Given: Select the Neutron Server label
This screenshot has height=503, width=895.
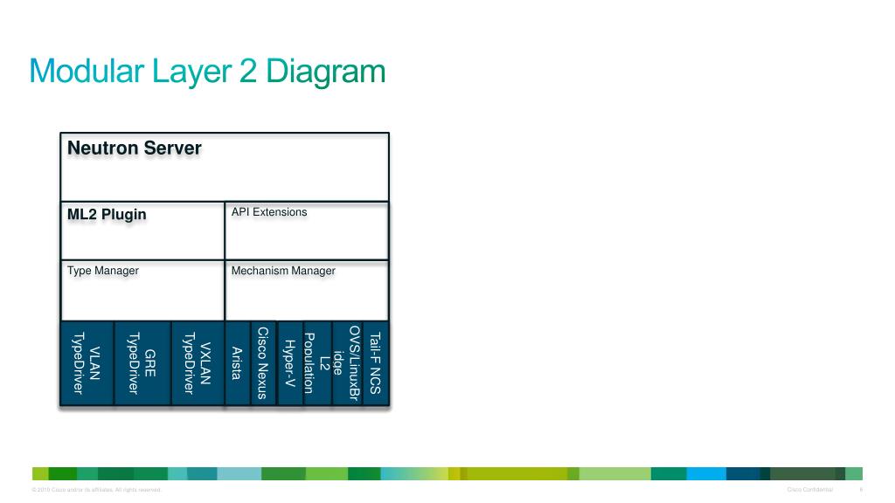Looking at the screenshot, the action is [x=135, y=148].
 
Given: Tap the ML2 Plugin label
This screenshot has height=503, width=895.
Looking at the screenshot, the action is [x=107, y=214].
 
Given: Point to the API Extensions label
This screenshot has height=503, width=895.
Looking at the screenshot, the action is [x=269, y=212].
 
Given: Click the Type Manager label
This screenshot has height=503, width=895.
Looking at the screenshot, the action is [x=103, y=271].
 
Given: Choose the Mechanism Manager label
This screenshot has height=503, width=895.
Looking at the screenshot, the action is [x=283, y=271].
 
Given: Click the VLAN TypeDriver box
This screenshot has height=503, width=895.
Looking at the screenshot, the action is [x=87, y=363].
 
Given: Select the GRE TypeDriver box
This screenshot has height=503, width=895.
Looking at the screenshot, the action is [x=142, y=363].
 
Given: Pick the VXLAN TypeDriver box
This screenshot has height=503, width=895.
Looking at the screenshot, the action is [x=197, y=363].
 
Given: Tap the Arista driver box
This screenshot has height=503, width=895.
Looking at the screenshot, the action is [x=237, y=363].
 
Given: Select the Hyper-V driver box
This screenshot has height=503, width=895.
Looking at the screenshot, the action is [x=289, y=363].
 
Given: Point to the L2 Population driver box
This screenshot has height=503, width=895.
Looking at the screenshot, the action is [x=317, y=363].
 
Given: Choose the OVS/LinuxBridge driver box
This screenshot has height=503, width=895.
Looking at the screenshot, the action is [x=347, y=363].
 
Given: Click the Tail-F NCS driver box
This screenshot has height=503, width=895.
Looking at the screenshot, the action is [x=375, y=363].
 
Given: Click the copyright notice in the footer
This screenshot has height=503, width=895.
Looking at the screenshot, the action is [x=96, y=489].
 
